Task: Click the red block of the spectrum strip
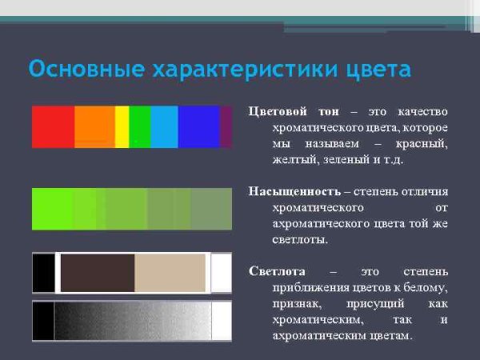53,126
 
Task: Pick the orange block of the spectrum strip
94,126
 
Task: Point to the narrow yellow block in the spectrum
122,126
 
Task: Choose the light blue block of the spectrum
164,126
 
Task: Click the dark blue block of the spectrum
198,126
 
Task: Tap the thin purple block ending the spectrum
226,126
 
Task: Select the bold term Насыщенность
294,192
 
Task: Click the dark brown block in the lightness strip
97,273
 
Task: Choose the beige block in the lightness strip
170,273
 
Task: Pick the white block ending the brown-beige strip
221,273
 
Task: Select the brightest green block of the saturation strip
52,209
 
